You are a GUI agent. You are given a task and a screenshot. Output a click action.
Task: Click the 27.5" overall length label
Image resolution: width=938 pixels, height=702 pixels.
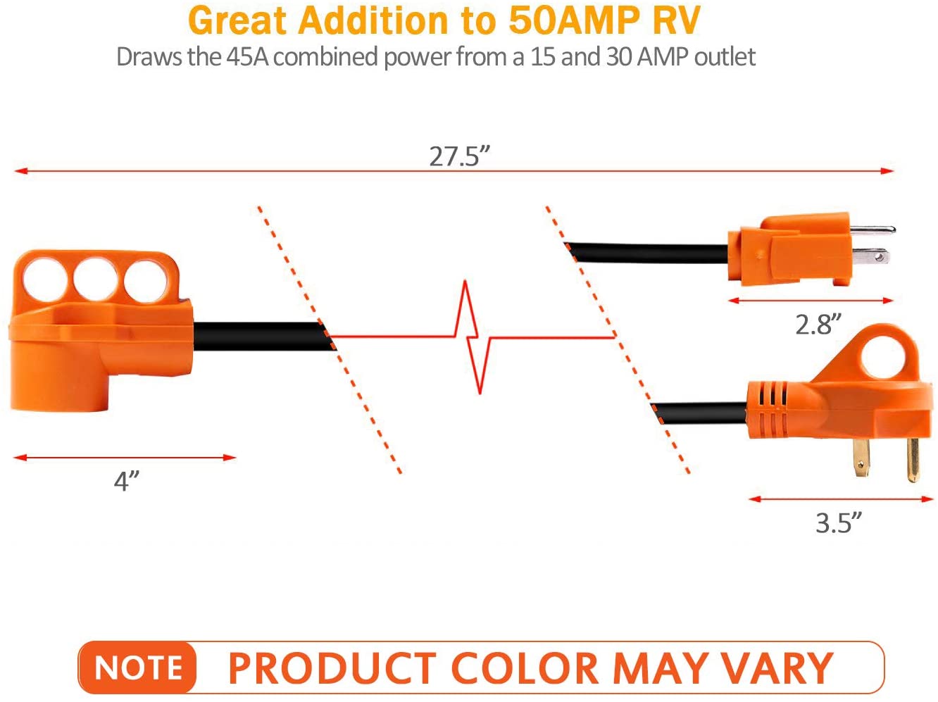pyautogui.click(x=459, y=156)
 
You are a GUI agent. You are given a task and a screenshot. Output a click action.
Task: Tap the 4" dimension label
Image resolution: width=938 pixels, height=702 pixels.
pyautogui.click(x=127, y=481)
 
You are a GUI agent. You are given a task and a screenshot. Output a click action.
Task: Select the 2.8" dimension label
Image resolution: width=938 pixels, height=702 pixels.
pyautogui.click(x=818, y=324)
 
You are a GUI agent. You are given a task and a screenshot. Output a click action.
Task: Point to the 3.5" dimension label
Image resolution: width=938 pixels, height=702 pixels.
pyautogui.click(x=838, y=523)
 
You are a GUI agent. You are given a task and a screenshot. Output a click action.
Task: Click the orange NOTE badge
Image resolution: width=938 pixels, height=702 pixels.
pyautogui.click(x=138, y=667)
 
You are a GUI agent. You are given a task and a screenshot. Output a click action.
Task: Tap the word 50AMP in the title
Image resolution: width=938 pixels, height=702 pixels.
pyautogui.click(x=573, y=20)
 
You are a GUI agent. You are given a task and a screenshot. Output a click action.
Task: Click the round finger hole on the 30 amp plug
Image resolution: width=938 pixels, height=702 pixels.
pyautogui.click(x=880, y=359)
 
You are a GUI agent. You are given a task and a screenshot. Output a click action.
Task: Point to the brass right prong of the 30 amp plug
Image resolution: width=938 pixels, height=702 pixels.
pyautogui.click(x=913, y=458)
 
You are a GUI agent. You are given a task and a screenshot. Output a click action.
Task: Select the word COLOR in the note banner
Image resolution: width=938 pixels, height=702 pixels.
pyautogui.click(x=524, y=667)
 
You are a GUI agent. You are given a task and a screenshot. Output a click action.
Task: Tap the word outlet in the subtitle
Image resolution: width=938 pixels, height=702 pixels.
pyautogui.click(x=725, y=56)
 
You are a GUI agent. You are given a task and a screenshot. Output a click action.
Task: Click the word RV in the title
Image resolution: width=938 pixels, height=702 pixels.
pyautogui.click(x=676, y=20)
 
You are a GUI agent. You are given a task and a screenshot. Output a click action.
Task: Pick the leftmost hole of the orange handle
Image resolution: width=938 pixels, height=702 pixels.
pyautogui.click(x=45, y=277)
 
